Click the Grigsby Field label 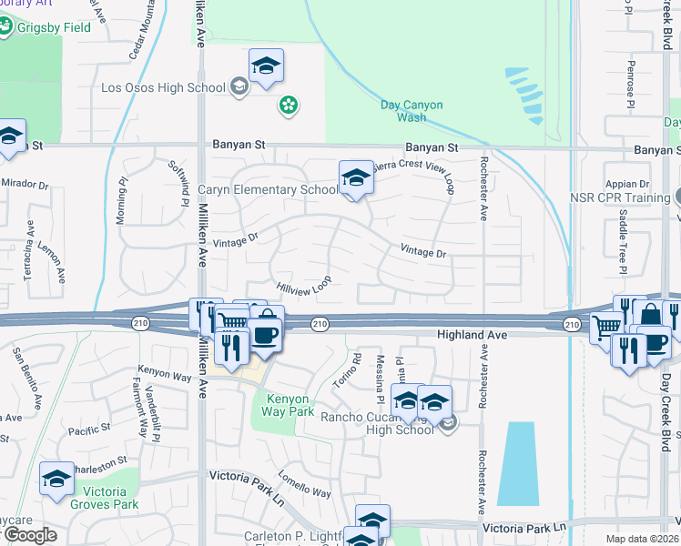click(56, 27)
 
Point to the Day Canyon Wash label click(412, 111)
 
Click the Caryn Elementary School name click(268, 190)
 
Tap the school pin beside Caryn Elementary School click(356, 178)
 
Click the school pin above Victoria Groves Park click(56, 480)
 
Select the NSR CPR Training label click(620, 197)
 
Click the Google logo click(30, 535)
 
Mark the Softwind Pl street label click(178, 182)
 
